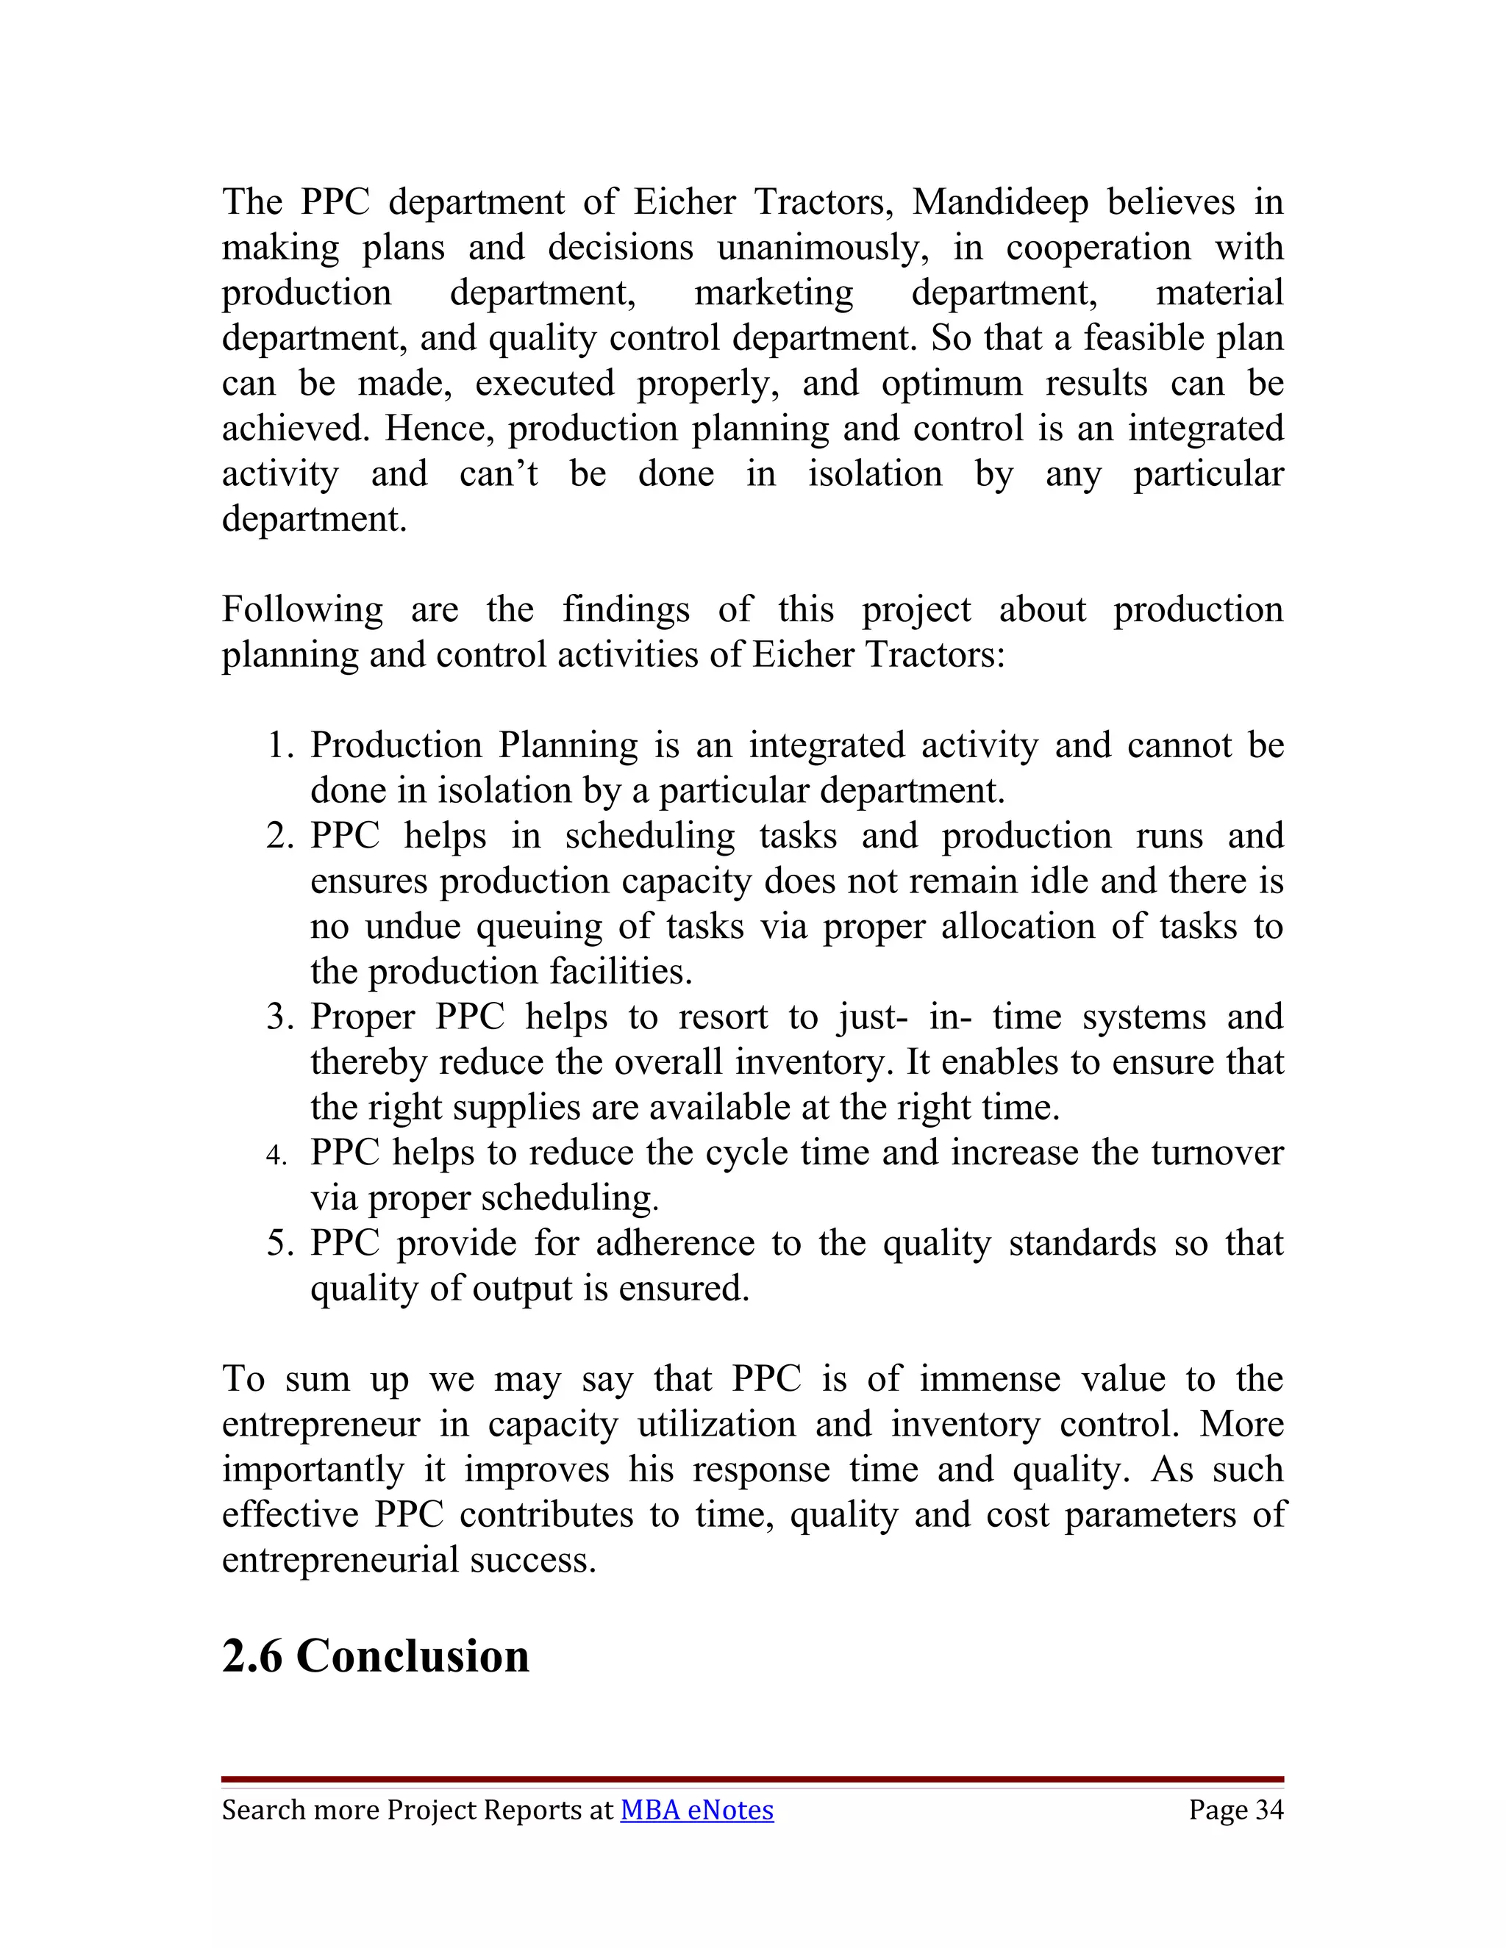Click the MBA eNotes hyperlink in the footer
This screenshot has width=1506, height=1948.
point(697,1810)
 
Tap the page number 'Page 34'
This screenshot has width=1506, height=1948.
point(1235,1810)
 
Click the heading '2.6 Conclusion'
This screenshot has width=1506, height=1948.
point(376,1655)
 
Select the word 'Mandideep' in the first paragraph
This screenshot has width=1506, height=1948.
point(1000,202)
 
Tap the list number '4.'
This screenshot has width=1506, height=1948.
point(276,1155)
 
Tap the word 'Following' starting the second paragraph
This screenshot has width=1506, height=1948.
point(302,610)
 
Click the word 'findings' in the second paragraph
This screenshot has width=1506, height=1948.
point(626,610)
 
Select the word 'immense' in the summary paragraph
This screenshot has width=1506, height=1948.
point(990,1379)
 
